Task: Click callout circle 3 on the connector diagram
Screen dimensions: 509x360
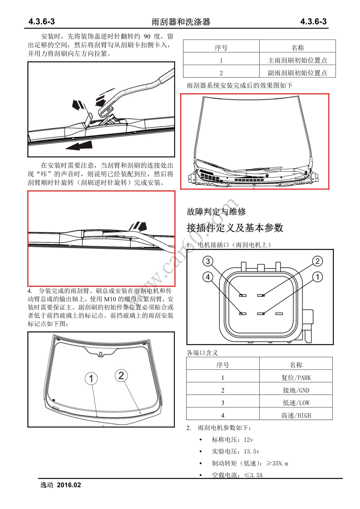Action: point(208,261)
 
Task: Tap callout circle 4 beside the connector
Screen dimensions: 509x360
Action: point(208,277)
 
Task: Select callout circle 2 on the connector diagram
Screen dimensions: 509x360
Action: point(318,261)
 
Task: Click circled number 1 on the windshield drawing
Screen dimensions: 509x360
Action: point(91,378)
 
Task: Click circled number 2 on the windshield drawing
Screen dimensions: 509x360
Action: point(121,375)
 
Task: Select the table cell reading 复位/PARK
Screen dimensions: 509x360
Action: point(296,378)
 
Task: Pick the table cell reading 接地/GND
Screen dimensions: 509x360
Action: point(296,390)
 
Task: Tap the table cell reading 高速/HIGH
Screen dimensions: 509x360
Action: point(296,415)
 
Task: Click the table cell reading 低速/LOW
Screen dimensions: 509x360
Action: point(296,403)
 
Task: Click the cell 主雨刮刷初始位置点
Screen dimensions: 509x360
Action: point(297,60)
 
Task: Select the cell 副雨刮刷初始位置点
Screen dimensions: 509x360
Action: point(297,73)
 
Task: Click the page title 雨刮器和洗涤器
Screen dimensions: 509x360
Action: point(181,22)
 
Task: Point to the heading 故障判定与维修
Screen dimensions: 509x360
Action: point(216,212)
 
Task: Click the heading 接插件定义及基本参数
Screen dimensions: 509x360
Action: point(235,228)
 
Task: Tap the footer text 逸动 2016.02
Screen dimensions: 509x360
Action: point(61,485)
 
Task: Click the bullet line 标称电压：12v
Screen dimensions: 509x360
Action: point(232,440)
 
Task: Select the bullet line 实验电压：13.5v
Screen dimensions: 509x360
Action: point(235,451)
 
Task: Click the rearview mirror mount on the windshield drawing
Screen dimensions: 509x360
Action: point(100,354)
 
